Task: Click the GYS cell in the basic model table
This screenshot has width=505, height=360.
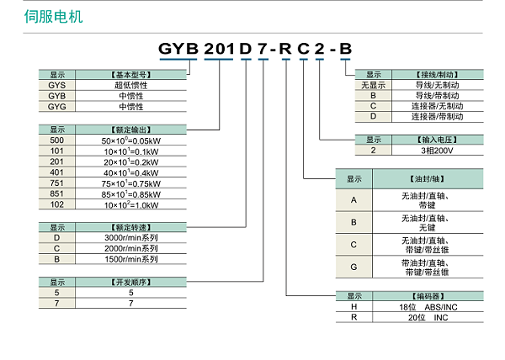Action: (57, 85)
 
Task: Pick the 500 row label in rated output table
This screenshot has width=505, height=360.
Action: (57, 140)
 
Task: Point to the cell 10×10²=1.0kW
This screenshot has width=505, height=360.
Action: (130, 205)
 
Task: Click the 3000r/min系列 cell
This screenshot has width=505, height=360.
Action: (130, 238)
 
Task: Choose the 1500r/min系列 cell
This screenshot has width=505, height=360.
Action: (130, 259)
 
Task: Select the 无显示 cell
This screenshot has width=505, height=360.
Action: (373, 85)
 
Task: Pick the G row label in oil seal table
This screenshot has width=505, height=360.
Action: (354, 267)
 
